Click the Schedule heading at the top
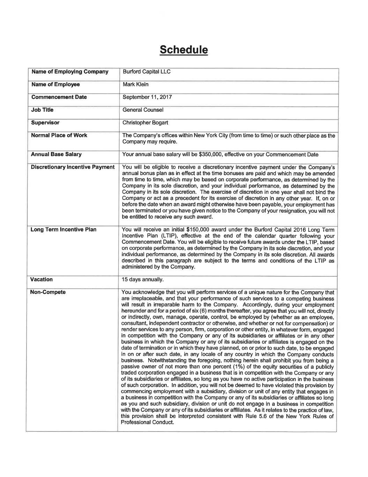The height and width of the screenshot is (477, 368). pyautogui.click(x=183, y=50)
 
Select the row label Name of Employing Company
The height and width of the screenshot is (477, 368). pyautogui.click(x=70, y=72)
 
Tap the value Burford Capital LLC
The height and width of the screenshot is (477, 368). pyautogui.click(x=147, y=72)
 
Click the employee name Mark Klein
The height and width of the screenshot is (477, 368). pyautogui.click(x=135, y=85)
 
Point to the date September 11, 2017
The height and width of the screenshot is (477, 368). pyautogui.click(x=147, y=97)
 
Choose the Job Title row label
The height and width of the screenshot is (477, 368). pyautogui.click(x=42, y=110)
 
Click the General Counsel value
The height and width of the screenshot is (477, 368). pyautogui.click(x=143, y=110)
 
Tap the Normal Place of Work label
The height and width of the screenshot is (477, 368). pyautogui.click(x=59, y=136)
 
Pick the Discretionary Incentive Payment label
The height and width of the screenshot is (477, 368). pyautogui.click(x=73, y=167)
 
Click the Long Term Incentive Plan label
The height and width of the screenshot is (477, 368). pyautogui.click(x=63, y=230)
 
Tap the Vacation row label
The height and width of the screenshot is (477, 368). pyautogui.click(x=42, y=280)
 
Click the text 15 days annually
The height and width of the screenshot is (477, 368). pyautogui.click(x=142, y=280)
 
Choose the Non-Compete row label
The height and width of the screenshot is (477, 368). pyautogui.click(x=48, y=292)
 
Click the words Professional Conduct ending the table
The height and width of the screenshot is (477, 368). pyautogui.click(x=147, y=422)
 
